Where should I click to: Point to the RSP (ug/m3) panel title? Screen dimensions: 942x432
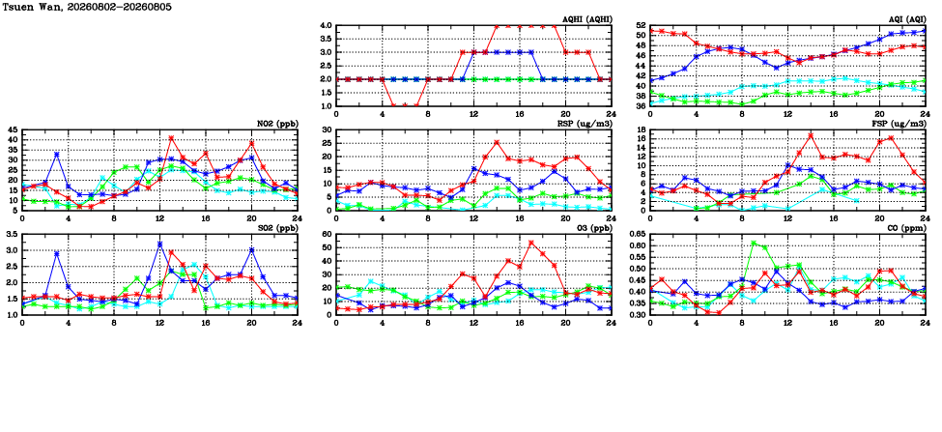click(x=585, y=123)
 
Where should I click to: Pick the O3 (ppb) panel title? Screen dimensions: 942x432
click(x=592, y=227)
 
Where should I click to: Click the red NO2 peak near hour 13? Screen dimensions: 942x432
click(x=171, y=138)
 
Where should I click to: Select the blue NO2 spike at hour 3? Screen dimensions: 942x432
click(x=56, y=155)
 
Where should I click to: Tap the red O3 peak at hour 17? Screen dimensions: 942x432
click(x=531, y=243)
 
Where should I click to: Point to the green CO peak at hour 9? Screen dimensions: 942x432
click(x=754, y=243)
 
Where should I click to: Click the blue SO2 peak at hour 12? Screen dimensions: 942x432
click(x=159, y=244)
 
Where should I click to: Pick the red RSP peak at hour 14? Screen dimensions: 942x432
click(x=497, y=142)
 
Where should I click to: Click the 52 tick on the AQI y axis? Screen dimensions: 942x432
click(x=642, y=25)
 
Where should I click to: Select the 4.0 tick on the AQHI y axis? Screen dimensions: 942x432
click(x=327, y=25)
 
